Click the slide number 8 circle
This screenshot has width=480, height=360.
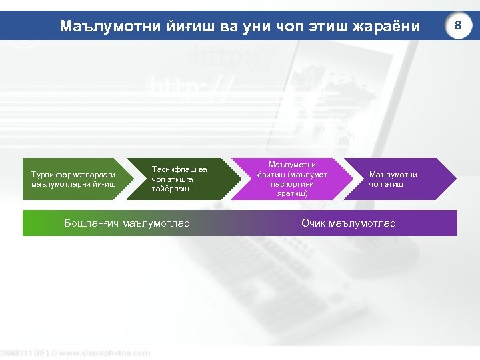[x=457, y=25]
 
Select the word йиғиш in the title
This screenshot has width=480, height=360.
[x=179, y=27]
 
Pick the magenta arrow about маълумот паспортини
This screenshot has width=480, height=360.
[x=292, y=179]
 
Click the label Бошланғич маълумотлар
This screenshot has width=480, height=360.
[x=127, y=223]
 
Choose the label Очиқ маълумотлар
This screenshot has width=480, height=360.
[x=348, y=223]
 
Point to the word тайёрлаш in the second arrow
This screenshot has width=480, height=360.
[x=171, y=189]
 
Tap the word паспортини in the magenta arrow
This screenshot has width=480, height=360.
[x=292, y=184]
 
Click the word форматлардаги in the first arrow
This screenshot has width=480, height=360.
[x=87, y=175]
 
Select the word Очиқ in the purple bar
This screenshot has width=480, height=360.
[x=314, y=223]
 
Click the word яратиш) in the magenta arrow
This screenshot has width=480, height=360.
[x=292, y=193]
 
